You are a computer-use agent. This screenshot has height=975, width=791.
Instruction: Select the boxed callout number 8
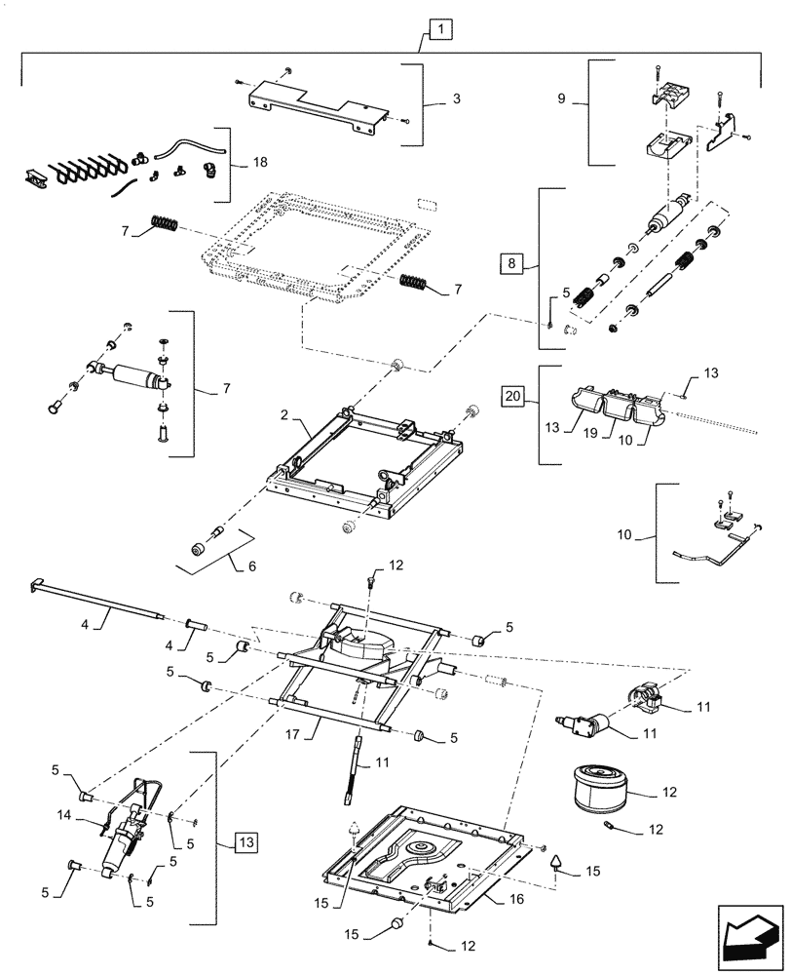click(x=512, y=262)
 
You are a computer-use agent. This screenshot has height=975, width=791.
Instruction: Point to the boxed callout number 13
click(x=247, y=842)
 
